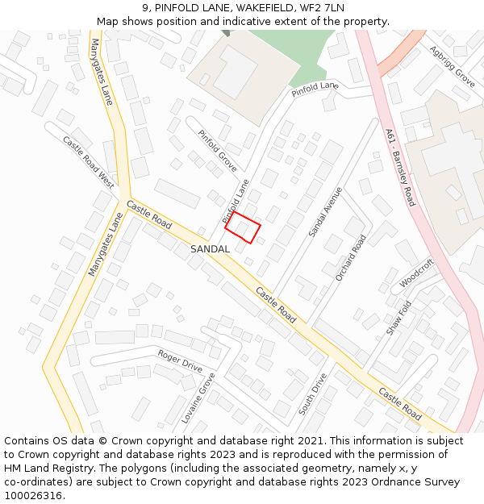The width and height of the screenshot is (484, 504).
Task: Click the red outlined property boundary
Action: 242,227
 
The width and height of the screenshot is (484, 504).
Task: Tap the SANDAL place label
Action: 210,249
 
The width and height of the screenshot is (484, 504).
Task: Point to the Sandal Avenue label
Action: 325,212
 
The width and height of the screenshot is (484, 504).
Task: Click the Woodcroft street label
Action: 416,273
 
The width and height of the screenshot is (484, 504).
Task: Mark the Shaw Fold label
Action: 398,318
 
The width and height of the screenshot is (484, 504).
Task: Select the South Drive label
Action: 312,394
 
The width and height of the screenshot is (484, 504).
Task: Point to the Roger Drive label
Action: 180,360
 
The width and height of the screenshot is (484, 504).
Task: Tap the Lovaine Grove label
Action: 198,398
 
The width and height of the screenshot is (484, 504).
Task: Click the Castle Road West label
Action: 89,161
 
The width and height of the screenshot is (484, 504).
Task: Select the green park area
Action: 282,48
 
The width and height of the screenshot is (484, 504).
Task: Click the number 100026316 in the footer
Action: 31,495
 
